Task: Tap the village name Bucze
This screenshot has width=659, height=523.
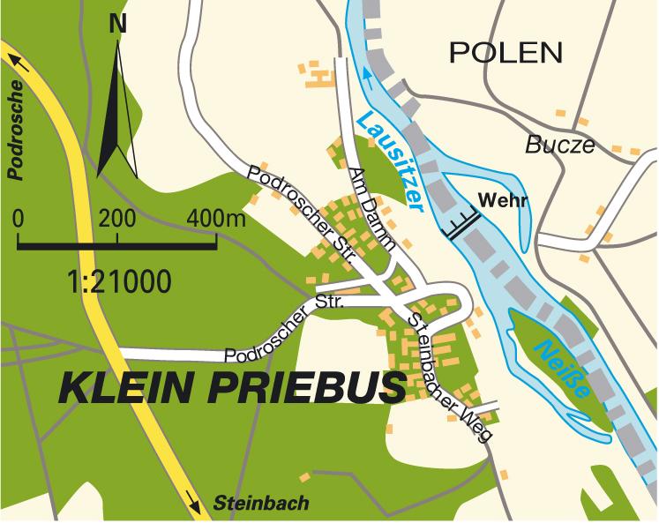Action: click(x=560, y=146)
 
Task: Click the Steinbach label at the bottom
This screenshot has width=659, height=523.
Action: click(x=261, y=504)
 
